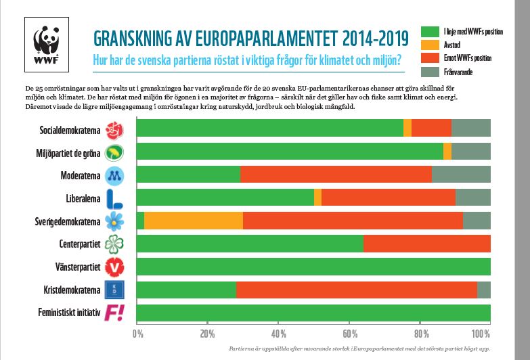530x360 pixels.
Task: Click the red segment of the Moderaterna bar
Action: tap(336, 175)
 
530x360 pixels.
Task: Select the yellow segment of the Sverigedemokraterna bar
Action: tap(193, 221)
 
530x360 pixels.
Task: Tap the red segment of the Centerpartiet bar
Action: tap(426, 244)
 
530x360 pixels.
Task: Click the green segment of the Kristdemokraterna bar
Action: tap(187, 290)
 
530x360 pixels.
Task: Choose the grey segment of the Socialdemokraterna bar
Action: tap(470, 128)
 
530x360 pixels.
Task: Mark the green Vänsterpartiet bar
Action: tap(313, 267)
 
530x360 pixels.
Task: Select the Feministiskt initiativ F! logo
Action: tap(114, 313)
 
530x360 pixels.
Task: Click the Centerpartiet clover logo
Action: tap(114, 244)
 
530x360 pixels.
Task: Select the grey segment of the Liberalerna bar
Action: tap(472, 198)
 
